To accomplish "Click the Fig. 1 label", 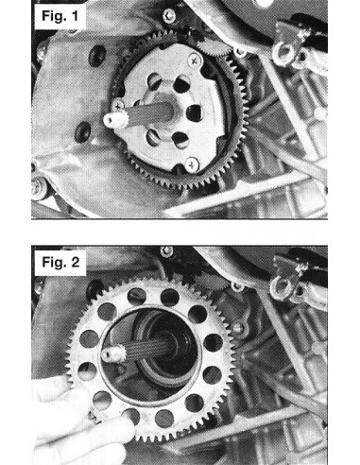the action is click(60, 16).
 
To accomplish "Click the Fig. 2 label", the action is click(60, 262).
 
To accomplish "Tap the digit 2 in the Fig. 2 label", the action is click(75, 262).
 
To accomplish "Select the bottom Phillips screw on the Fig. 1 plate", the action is click(192, 164).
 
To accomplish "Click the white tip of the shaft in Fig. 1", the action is click(111, 121).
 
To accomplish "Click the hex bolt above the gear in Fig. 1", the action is click(169, 14).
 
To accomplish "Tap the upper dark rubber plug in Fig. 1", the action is click(96, 56).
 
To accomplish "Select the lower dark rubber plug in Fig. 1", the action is click(83, 133).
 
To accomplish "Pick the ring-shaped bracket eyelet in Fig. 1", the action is click(283, 52).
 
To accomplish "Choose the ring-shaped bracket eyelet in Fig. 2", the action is click(281, 288).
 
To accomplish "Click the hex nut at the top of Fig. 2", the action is click(166, 251).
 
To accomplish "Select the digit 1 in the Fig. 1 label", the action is click(75, 16).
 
